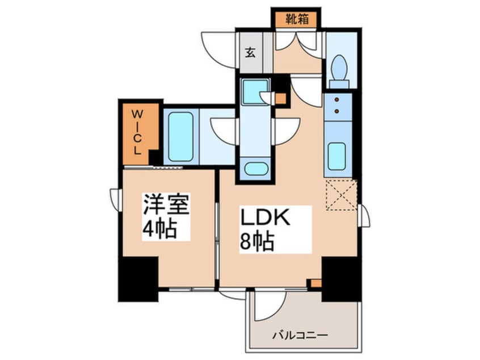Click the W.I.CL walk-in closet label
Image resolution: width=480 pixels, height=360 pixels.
(137, 132)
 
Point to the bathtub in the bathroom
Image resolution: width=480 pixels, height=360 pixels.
(180, 137)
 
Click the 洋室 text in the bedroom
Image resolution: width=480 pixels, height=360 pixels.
(166, 203)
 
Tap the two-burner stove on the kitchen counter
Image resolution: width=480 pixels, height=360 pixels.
(338, 105)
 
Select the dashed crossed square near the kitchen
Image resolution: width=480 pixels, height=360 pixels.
(341, 195)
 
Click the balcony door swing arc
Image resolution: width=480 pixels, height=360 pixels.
(268, 307)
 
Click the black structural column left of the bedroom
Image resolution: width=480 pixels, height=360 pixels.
(137, 278)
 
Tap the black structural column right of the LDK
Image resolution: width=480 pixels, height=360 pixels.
(340, 277)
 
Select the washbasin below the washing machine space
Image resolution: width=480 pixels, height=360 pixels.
(254, 168)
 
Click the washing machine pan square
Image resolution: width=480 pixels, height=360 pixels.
(254, 91)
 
